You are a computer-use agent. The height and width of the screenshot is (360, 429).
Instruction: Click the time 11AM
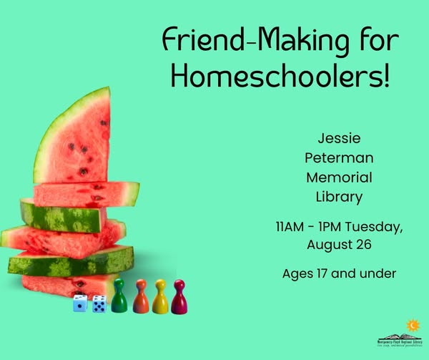[x=292, y=228]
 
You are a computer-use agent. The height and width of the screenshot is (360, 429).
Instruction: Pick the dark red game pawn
[x=179, y=297]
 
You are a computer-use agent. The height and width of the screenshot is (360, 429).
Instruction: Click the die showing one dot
[x=80, y=304]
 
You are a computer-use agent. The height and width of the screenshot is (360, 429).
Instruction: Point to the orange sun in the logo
[x=412, y=326]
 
